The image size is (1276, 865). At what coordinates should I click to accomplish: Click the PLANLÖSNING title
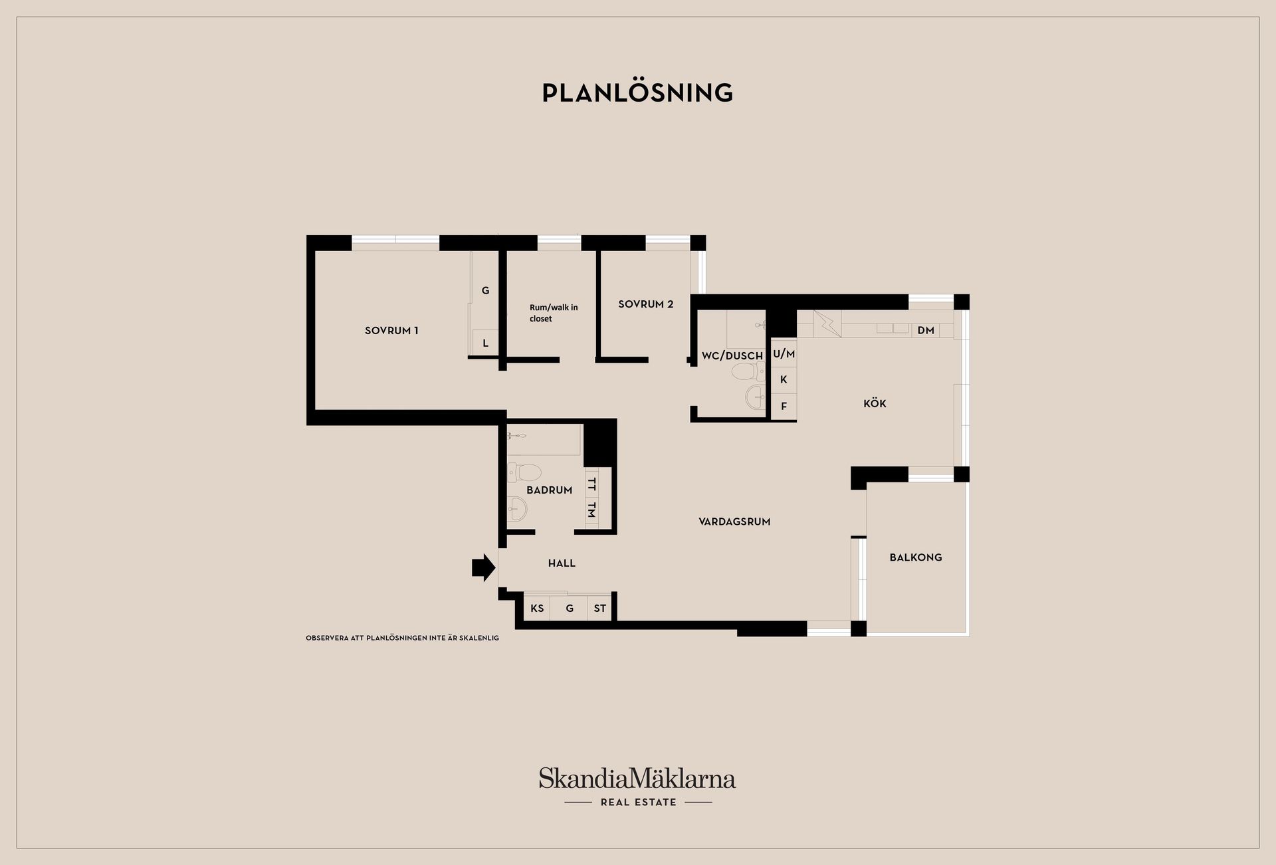click(637, 92)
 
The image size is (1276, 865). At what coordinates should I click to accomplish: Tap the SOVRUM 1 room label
click(391, 330)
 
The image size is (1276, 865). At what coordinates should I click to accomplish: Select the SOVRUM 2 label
click(645, 304)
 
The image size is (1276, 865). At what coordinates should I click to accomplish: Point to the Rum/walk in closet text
click(554, 313)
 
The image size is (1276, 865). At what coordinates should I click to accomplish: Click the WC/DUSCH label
click(732, 355)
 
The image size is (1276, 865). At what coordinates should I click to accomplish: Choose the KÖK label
click(875, 403)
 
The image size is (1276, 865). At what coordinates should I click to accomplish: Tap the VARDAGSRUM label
click(734, 522)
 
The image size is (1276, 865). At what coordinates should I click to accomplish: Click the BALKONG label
click(916, 557)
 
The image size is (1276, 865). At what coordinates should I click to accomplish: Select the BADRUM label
click(549, 490)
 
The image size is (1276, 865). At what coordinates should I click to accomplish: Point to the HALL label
click(562, 563)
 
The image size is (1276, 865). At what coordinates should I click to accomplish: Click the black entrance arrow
click(484, 567)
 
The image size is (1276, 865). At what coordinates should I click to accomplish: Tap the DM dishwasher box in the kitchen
click(925, 330)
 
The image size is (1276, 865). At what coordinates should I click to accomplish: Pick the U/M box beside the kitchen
click(784, 354)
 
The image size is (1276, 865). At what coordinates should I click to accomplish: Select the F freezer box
click(784, 406)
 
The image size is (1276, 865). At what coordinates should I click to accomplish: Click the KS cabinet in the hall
click(537, 608)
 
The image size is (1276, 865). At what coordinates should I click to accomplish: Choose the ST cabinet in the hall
click(599, 608)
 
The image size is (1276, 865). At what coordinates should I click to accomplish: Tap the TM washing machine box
click(591, 510)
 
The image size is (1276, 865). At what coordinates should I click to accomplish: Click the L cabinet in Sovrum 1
click(485, 343)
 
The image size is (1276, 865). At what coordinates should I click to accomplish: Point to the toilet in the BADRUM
click(524, 472)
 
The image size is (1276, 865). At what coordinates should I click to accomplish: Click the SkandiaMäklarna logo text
click(637, 778)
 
